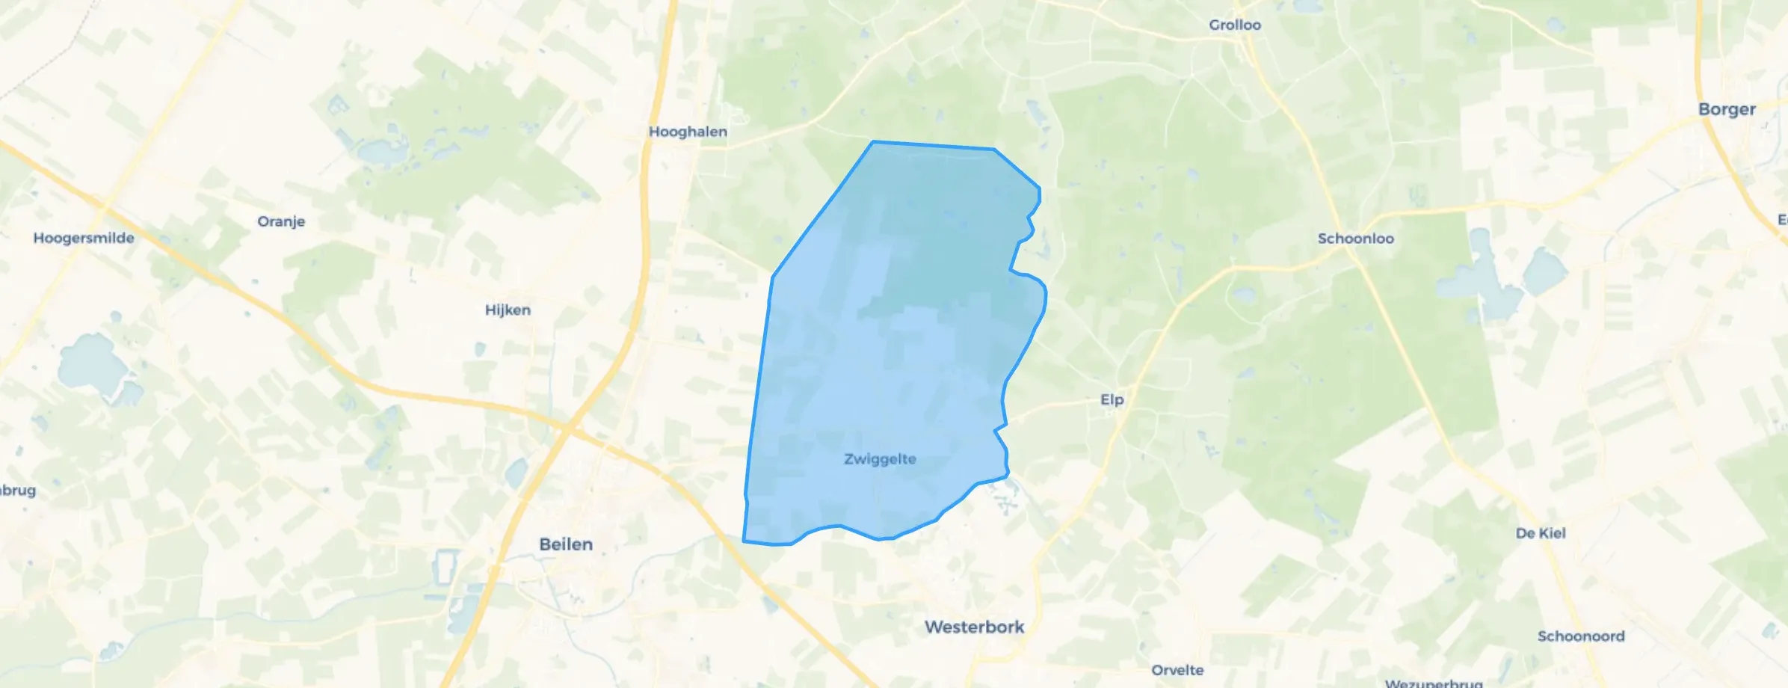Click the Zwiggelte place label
tap(880, 459)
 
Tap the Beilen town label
tap(566, 544)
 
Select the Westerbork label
tap(974, 627)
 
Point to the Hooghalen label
tap(688, 132)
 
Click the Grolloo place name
tap(1235, 25)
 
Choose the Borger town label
tap(1727, 109)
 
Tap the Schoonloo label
tap(1355, 239)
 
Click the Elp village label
tap(1112, 399)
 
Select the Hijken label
tap(508, 310)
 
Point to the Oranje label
tap(281, 221)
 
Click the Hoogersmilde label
tap(84, 238)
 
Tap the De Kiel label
tap(1541, 533)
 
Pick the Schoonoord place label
tap(1581, 636)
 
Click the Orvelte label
tap(1177, 670)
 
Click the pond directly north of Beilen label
tap(517, 473)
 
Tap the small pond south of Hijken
tap(479, 349)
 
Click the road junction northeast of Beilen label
tap(570, 429)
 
